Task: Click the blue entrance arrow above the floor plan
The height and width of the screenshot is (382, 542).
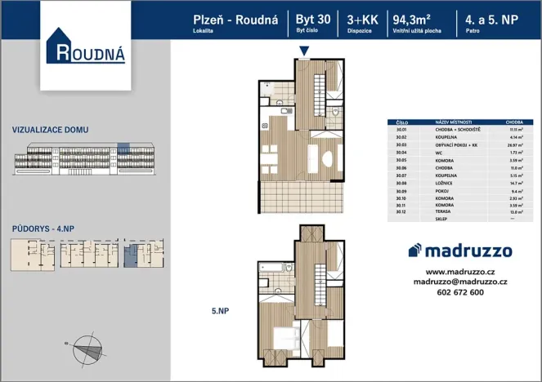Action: pos(304,52)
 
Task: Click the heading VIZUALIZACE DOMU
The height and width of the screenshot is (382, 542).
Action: pos(51,130)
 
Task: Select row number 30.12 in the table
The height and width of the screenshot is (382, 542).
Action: pos(401,212)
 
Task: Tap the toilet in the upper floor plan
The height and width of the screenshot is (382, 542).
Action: pos(334,111)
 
